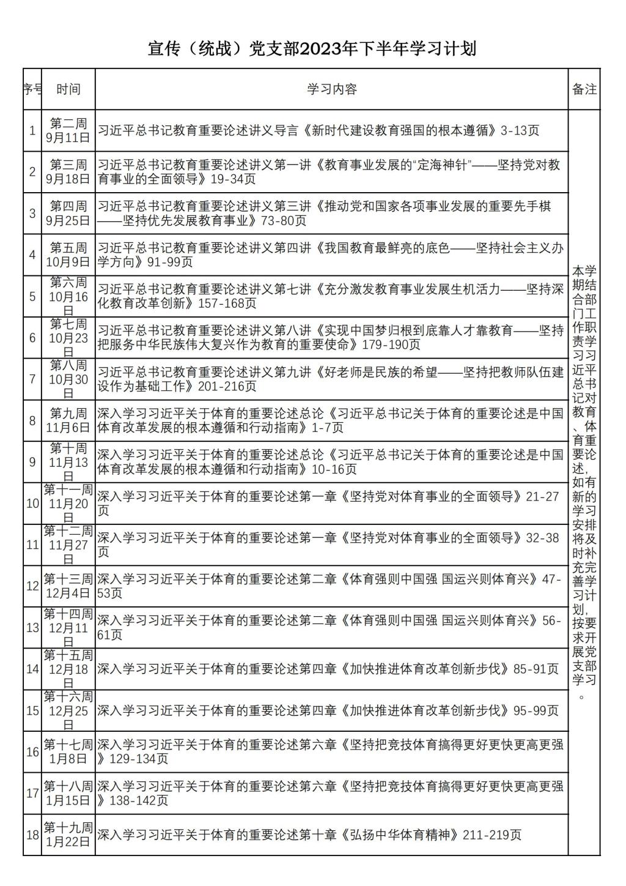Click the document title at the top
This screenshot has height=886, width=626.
312,49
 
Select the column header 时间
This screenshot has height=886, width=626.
68,89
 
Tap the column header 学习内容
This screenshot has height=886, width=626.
331,89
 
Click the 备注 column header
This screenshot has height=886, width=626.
584,89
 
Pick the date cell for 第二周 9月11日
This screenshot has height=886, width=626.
68,130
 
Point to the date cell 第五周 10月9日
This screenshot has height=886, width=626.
68,255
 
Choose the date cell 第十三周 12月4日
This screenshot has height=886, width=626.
68,586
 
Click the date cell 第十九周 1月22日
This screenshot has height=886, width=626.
68,835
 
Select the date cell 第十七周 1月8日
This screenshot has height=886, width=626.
68,751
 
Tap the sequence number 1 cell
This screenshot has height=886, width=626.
32,130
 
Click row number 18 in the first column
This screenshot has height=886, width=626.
32,835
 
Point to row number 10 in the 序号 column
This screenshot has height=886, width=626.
32,503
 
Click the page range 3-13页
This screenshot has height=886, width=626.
520,130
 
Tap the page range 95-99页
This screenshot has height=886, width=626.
536,710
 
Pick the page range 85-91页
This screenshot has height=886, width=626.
536,669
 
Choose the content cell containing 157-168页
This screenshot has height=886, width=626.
331,296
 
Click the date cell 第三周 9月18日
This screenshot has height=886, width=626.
68,172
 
